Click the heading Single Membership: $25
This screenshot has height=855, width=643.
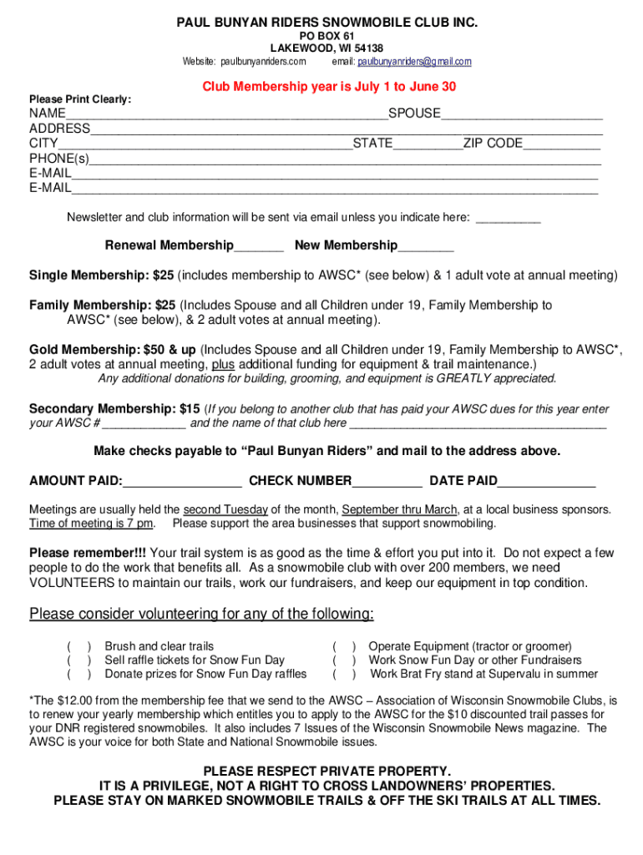point(101,276)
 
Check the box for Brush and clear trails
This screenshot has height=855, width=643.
point(79,646)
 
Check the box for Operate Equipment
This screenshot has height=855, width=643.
point(345,646)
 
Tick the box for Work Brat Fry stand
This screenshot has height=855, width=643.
point(345,674)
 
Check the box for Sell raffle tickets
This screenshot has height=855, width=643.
point(79,660)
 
